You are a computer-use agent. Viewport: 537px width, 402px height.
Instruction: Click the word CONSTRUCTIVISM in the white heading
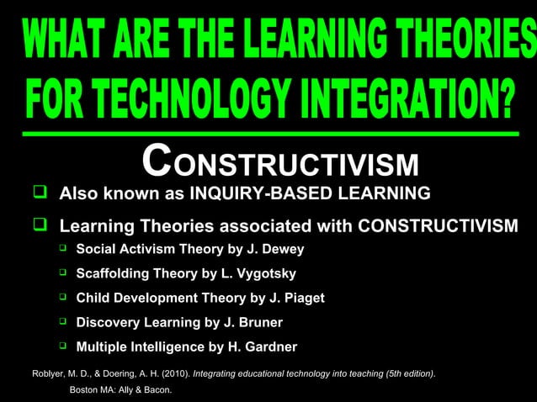pos(280,161)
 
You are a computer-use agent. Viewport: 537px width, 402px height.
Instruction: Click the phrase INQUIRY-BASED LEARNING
pos(309,194)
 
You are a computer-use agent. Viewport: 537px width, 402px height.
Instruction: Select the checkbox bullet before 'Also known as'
pos(39,193)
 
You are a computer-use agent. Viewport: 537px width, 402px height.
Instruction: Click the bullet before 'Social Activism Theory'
pos(62,249)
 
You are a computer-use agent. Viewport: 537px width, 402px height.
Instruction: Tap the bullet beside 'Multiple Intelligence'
pos(62,346)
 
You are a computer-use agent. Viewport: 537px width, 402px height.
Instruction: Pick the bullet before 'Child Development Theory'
pos(62,297)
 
